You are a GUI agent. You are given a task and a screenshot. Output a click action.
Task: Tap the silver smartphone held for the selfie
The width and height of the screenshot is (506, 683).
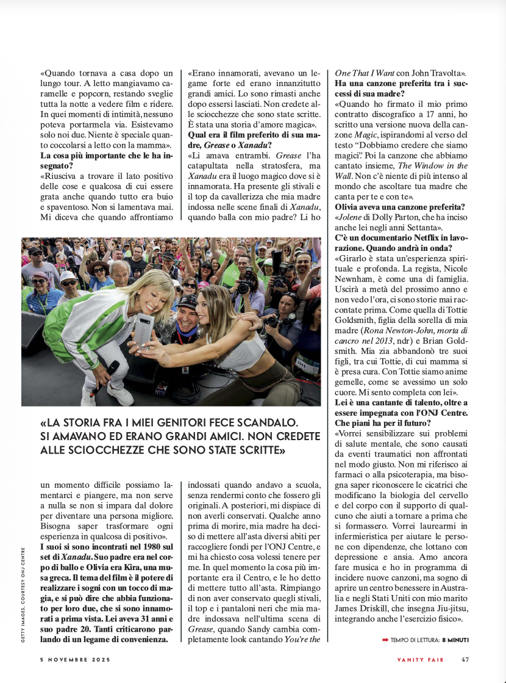[144, 330]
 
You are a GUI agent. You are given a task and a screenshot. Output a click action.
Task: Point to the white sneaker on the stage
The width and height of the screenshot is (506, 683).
[120, 395]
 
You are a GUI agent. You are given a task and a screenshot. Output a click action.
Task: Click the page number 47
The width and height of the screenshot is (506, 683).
[465, 659]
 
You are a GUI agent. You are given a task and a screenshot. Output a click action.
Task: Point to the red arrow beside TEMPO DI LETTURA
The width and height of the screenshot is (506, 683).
[385, 639]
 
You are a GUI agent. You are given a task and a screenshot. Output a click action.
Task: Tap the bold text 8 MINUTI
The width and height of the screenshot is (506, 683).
[455, 639]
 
